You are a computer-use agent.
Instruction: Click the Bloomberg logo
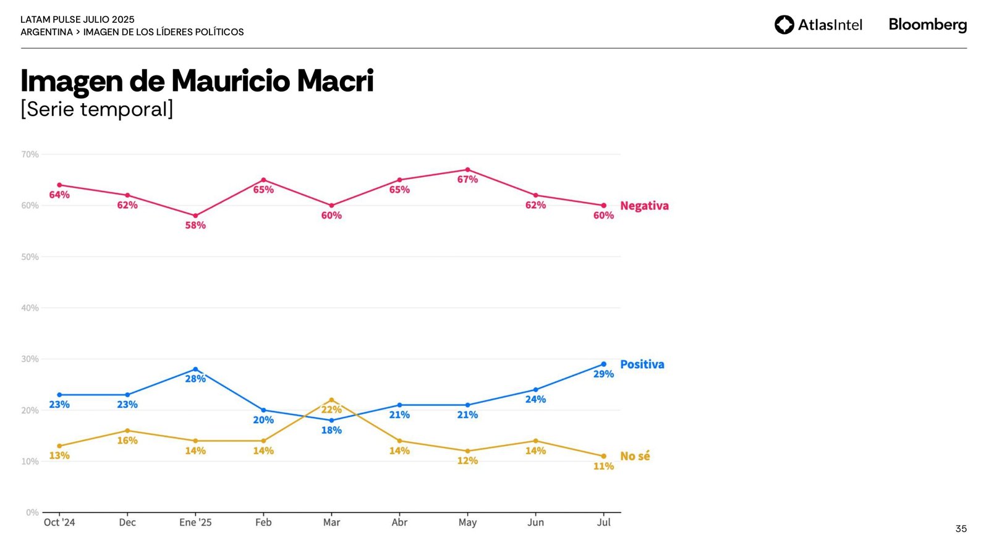927,25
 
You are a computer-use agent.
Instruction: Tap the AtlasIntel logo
818,25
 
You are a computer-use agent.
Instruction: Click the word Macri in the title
335,81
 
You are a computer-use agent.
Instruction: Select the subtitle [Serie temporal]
97,109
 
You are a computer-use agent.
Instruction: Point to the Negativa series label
644,206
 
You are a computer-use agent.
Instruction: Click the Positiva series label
642,364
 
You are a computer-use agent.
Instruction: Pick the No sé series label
635,456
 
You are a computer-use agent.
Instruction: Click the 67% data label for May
467,179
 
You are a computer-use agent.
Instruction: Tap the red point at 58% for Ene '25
195,216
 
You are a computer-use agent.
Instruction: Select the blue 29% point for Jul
603,364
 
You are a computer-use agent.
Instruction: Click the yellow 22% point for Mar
331,400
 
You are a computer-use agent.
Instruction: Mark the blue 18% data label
331,430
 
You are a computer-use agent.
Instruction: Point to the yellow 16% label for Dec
127,440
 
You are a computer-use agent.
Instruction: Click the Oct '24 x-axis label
59,522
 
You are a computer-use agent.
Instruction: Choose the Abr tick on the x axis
399,522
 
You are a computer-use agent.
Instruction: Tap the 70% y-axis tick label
30,154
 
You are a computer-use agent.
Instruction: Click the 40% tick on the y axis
30,308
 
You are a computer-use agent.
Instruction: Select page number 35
961,529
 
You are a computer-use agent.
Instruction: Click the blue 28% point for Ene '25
195,369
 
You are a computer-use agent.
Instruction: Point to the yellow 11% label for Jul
603,466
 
